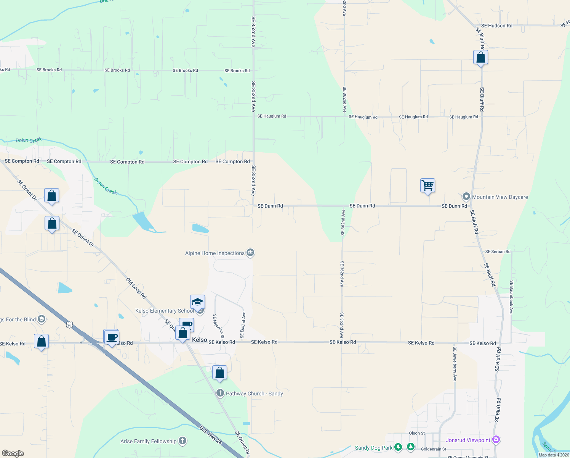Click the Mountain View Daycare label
500,197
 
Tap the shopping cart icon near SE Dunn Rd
427,186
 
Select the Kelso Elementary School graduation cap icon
197,302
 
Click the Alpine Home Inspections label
215,253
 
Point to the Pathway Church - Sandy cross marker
220,393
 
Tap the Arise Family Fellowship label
149,442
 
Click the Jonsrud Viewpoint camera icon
496,440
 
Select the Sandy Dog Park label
373,448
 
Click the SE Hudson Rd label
496,26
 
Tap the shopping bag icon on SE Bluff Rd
480,58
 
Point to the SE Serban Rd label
498,252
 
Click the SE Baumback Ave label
511,297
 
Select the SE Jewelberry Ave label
455,364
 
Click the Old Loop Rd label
136,288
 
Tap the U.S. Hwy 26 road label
211,435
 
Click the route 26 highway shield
69,325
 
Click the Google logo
13,453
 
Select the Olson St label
417,434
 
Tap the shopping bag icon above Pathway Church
219,373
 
